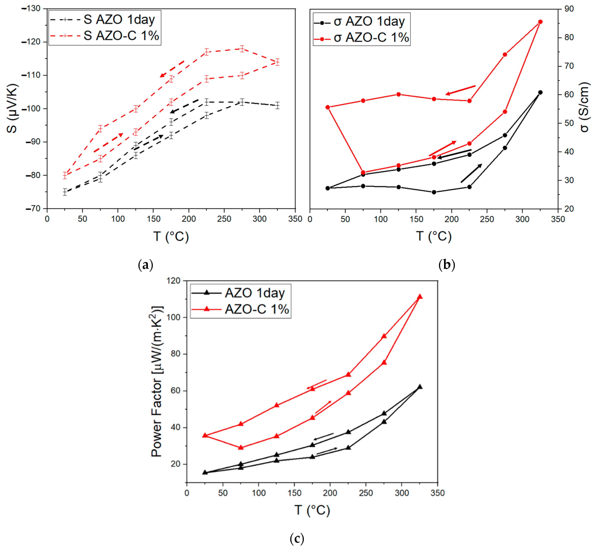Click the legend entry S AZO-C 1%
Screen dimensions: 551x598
121,36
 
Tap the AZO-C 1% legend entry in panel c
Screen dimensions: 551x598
257,309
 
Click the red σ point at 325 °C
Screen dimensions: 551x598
540,22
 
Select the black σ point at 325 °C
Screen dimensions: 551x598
540,92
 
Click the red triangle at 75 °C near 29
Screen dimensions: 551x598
241,448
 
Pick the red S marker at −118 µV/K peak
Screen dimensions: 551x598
242,49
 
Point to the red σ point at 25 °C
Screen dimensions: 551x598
328,107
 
